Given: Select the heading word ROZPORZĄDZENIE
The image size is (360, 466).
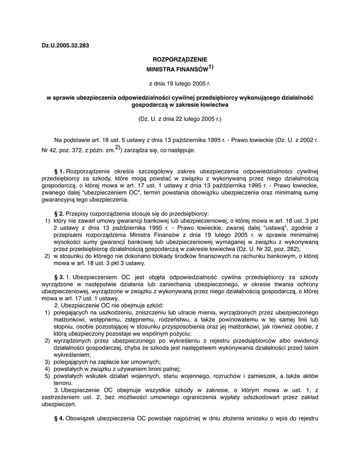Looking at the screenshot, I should click(179, 59).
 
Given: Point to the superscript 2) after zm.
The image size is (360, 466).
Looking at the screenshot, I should click(117, 147).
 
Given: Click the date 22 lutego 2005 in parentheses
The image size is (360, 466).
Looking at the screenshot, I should click(194, 119).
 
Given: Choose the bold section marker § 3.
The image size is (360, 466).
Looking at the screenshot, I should click(59, 277).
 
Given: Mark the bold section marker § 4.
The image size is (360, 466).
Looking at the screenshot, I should click(59, 418).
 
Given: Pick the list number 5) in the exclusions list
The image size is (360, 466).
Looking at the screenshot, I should click(47, 376).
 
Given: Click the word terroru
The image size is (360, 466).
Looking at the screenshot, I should click(63, 383).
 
